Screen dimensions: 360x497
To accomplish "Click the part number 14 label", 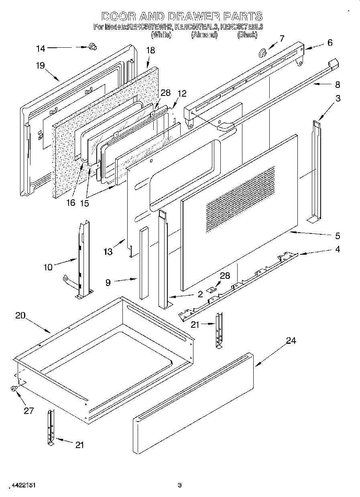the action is pos(40,49).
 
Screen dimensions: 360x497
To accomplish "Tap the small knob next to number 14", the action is pos(93,47).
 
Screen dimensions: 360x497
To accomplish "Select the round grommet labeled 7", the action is pos(264,52).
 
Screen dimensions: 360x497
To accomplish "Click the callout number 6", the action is pos(330,43).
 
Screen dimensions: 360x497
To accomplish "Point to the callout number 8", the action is pos(337,85).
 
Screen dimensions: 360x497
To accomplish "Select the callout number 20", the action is pos(20,316).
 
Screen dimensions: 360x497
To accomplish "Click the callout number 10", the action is pos(48,267).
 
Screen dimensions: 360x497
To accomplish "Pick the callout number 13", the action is pos(108,252).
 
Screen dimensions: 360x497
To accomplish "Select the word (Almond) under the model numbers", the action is pos(204,35).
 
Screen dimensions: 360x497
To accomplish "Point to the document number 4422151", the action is pos(18,485).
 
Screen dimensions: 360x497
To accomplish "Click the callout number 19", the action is pos(40,66).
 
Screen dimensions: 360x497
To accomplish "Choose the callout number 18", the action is pos(150,51).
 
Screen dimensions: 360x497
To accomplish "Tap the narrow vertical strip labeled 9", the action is pos(144,263).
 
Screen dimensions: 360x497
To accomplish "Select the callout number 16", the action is pos(71,203).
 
